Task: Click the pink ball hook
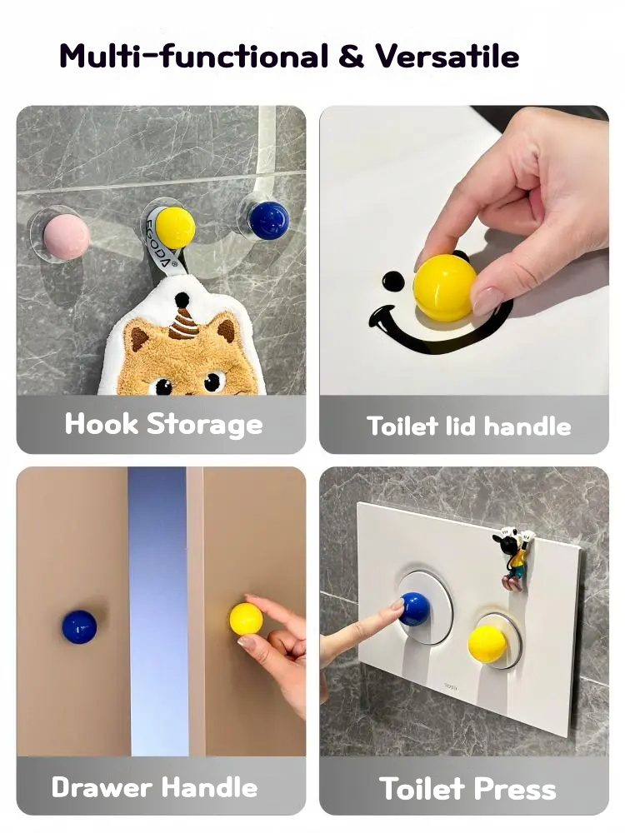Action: (x=67, y=237)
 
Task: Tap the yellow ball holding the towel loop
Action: (x=175, y=227)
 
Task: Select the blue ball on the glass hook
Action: (x=269, y=220)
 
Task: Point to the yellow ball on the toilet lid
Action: (x=445, y=287)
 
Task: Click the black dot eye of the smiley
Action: (x=393, y=281)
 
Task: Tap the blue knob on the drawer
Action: (x=79, y=627)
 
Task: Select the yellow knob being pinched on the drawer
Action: (x=246, y=619)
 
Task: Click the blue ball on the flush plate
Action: (x=414, y=609)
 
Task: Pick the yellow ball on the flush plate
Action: (x=487, y=643)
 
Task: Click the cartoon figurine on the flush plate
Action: (x=512, y=558)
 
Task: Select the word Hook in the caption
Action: (x=102, y=424)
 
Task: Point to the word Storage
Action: (x=205, y=426)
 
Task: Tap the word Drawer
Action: (x=102, y=787)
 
